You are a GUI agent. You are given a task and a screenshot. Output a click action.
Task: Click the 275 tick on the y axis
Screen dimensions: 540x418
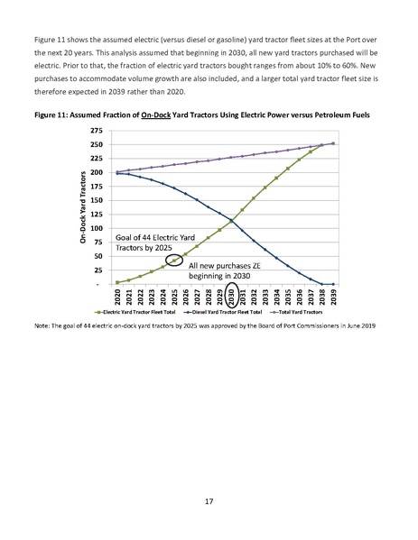click(96, 132)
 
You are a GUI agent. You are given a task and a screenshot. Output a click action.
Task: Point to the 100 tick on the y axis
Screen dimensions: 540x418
click(96, 229)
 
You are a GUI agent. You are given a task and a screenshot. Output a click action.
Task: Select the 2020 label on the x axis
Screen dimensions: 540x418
click(117, 297)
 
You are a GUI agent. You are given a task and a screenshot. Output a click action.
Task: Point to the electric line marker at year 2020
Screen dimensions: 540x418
click(117, 282)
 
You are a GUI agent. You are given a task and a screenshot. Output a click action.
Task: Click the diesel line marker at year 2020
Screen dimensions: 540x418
click(117, 173)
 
